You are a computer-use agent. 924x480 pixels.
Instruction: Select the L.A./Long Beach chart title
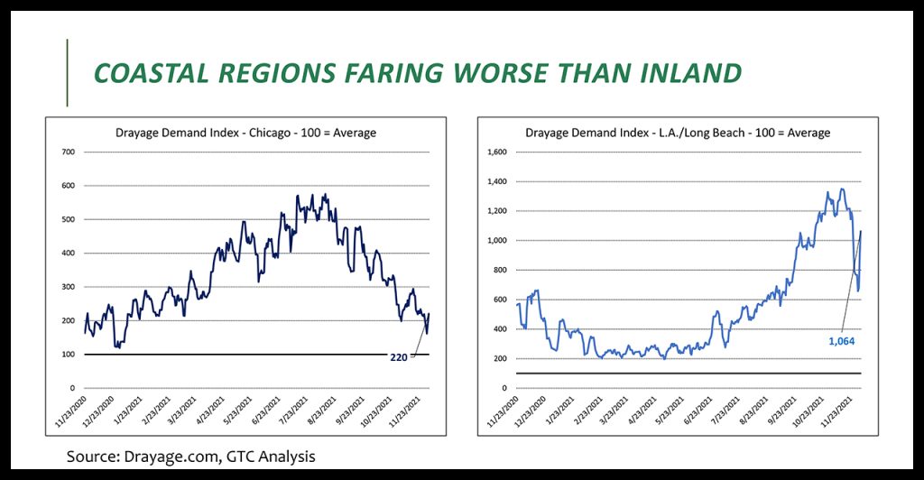(x=677, y=134)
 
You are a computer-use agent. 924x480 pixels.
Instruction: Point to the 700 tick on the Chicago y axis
(x=67, y=152)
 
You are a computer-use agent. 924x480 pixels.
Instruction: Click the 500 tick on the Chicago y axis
(x=67, y=219)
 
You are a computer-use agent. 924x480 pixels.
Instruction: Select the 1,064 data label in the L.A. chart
(x=840, y=341)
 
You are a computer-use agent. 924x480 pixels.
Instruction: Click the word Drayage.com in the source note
(x=171, y=457)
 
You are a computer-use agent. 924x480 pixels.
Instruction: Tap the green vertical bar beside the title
(x=68, y=73)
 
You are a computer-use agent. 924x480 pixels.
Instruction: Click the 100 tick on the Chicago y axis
(x=67, y=355)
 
